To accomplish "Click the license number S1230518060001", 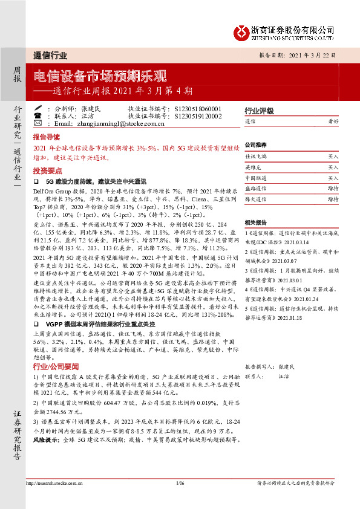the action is pos(198,108).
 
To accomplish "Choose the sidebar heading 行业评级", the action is pos(255,111).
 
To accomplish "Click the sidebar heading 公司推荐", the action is pos(255,146).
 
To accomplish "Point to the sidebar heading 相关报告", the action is pos(255,222).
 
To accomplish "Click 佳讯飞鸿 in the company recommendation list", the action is pos(255,156).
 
